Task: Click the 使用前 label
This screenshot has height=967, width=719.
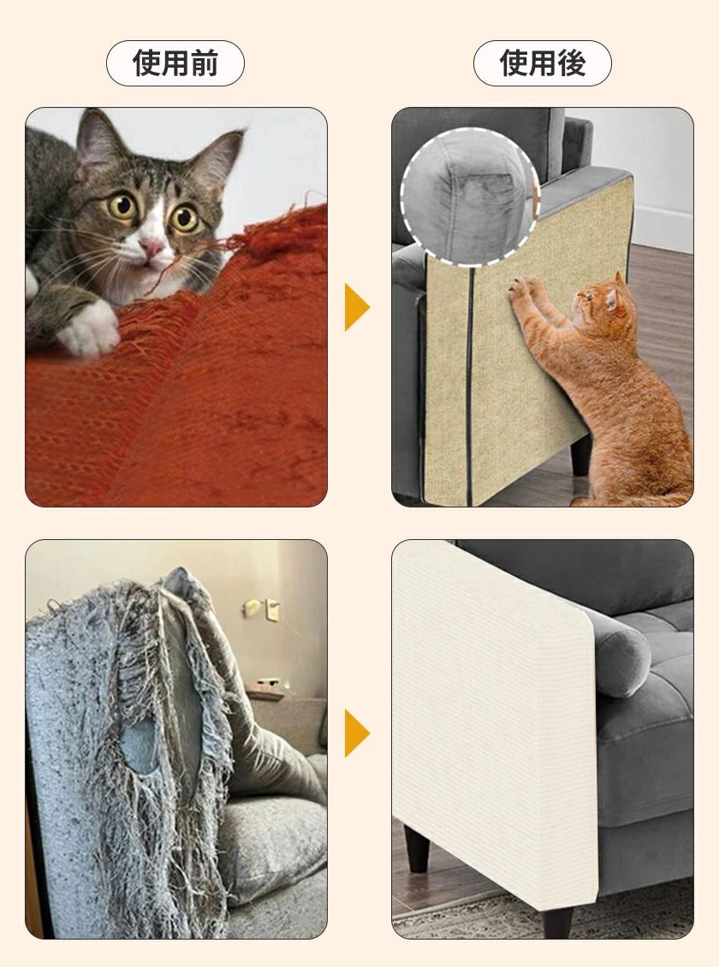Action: coord(175,63)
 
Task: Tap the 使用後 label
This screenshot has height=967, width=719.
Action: coord(542,63)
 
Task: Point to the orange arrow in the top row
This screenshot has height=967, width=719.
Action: coord(357,307)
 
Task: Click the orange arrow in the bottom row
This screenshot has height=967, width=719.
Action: coord(357,733)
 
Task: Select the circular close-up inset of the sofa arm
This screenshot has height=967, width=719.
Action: coord(470,197)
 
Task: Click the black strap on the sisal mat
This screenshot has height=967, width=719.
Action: coord(470,383)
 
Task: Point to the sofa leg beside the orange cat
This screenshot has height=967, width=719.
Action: coord(579,454)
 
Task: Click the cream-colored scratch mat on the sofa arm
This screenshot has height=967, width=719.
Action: coord(493,721)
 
